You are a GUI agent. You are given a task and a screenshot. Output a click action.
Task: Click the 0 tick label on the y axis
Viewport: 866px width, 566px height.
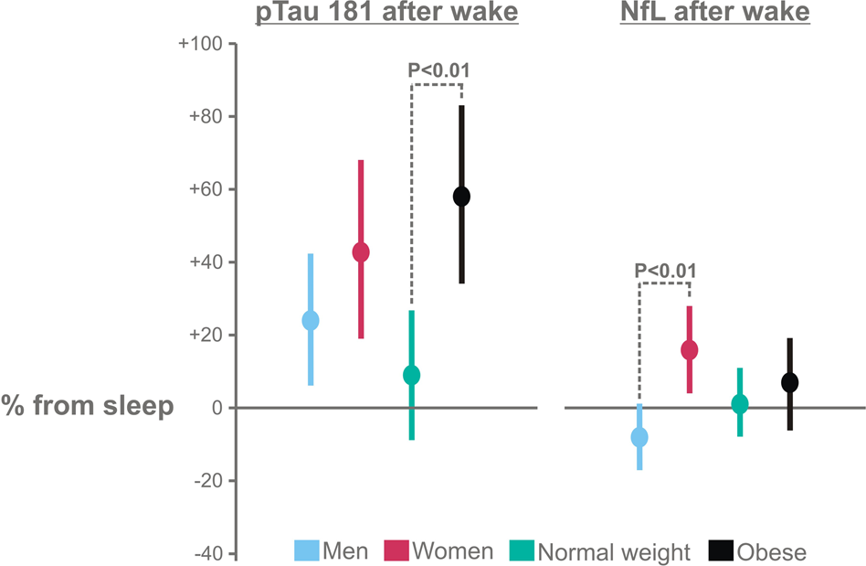(216, 408)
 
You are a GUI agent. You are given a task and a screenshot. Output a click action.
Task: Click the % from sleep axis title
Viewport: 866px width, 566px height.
(88, 406)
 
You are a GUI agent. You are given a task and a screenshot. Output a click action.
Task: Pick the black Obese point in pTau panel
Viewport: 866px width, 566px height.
(461, 197)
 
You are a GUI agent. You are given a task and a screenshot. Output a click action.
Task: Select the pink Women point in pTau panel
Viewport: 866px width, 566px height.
(361, 252)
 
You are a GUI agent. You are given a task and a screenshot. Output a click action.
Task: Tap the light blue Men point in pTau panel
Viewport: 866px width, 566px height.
(311, 320)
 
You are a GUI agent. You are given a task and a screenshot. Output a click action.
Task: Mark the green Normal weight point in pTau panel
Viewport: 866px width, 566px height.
(411, 375)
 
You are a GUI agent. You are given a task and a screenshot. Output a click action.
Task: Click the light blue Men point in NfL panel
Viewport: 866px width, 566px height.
(639, 437)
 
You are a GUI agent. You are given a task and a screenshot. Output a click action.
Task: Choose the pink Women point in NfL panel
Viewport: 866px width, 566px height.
(690, 350)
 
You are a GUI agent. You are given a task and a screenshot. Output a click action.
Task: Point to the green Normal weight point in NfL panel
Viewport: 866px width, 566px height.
(740, 404)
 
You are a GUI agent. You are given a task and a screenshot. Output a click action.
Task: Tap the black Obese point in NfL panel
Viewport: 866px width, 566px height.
(790, 382)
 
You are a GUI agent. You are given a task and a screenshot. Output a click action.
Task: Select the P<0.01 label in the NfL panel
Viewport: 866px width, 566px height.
(665, 270)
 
